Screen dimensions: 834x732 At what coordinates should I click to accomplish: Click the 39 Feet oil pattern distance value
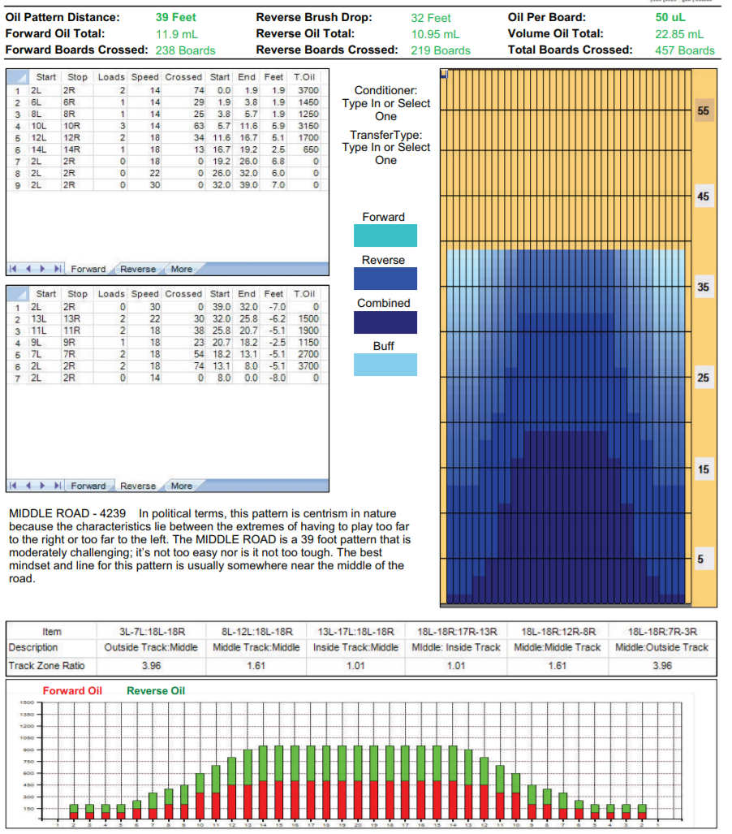(x=175, y=17)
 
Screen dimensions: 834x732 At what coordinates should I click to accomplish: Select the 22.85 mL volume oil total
(x=679, y=34)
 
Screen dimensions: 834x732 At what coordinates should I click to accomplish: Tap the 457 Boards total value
(x=684, y=50)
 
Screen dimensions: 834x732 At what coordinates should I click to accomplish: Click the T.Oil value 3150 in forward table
(x=308, y=127)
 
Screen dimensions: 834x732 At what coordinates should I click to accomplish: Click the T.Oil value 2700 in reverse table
(x=308, y=355)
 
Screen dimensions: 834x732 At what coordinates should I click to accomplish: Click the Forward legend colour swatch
(x=385, y=236)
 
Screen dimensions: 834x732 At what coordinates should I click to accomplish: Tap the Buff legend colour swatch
(x=385, y=365)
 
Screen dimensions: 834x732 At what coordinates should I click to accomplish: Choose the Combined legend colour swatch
(x=385, y=322)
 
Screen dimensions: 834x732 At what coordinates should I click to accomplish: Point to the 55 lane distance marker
(x=703, y=110)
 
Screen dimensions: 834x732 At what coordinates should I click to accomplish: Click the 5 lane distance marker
(x=700, y=559)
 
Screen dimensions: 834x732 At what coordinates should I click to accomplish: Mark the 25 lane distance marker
(x=703, y=378)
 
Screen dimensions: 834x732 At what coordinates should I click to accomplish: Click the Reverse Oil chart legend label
(x=156, y=691)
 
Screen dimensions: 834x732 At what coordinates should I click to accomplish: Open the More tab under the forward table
(x=182, y=269)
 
